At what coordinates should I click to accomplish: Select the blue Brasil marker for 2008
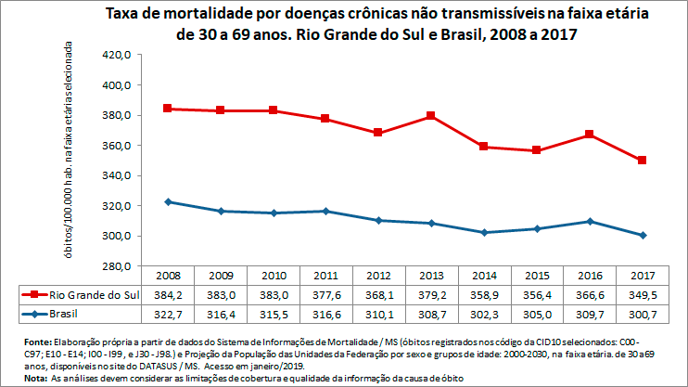[167, 201]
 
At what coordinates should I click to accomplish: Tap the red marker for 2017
[642, 161]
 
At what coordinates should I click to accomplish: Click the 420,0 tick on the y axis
[120, 55]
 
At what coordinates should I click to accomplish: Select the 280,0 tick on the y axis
[120, 266]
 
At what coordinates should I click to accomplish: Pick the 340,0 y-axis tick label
[120, 175]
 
